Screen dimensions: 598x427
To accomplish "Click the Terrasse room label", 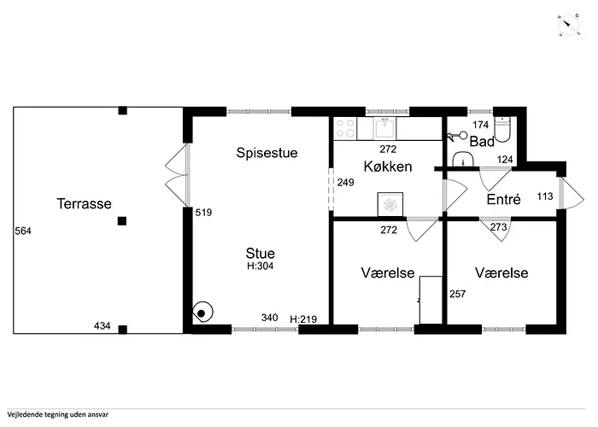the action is click(x=85, y=203).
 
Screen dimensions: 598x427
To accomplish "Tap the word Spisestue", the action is click(x=267, y=153).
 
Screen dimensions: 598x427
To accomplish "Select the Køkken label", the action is click(x=388, y=167).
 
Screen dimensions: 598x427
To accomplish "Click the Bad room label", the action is click(x=482, y=142).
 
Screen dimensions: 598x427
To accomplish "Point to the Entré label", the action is click(x=504, y=199).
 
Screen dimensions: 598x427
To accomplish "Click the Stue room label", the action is click(x=261, y=253).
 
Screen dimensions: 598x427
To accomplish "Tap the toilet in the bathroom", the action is click(x=502, y=130).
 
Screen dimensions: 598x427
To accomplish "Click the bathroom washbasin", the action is click(x=463, y=159).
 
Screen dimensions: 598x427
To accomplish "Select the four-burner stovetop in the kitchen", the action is click(x=345, y=128).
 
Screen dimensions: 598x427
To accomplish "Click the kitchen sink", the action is click(x=384, y=128).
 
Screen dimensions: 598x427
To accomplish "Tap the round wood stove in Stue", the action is click(x=202, y=313).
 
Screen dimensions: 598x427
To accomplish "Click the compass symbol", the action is click(x=569, y=26).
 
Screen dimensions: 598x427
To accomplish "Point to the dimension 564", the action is click(x=23, y=231).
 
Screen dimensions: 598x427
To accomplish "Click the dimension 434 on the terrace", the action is click(x=103, y=325).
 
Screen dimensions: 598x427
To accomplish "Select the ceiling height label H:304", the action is click(x=261, y=266).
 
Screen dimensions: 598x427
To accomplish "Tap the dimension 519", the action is click(x=203, y=213).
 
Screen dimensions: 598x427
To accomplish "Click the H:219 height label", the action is click(x=303, y=319).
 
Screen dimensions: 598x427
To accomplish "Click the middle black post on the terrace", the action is click(x=122, y=221).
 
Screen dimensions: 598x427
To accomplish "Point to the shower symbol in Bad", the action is click(x=457, y=135).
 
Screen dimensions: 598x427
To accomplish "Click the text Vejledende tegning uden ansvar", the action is click(x=57, y=414).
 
